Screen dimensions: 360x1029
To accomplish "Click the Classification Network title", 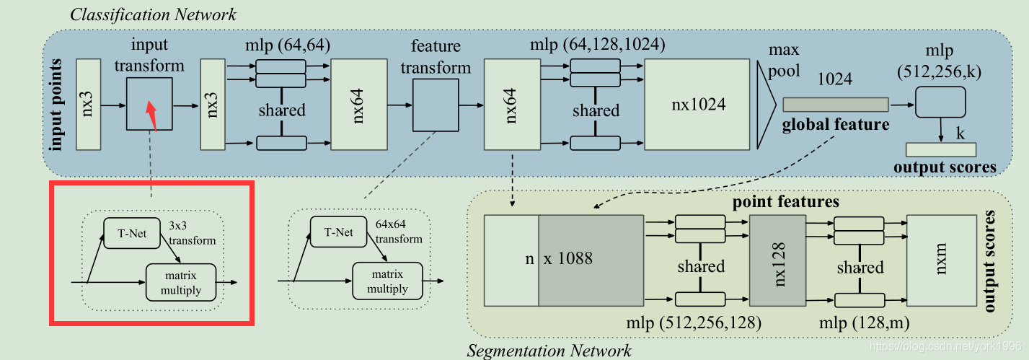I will [153, 14].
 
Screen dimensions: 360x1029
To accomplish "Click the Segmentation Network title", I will [549, 351].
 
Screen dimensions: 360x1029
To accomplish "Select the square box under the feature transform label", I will [436, 105].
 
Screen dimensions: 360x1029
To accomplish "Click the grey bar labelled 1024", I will [835, 105].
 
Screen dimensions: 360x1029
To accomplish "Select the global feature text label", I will [836, 125].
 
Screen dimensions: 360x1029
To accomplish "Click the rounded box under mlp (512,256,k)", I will [940, 102].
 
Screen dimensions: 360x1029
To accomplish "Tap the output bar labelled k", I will [940, 149].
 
